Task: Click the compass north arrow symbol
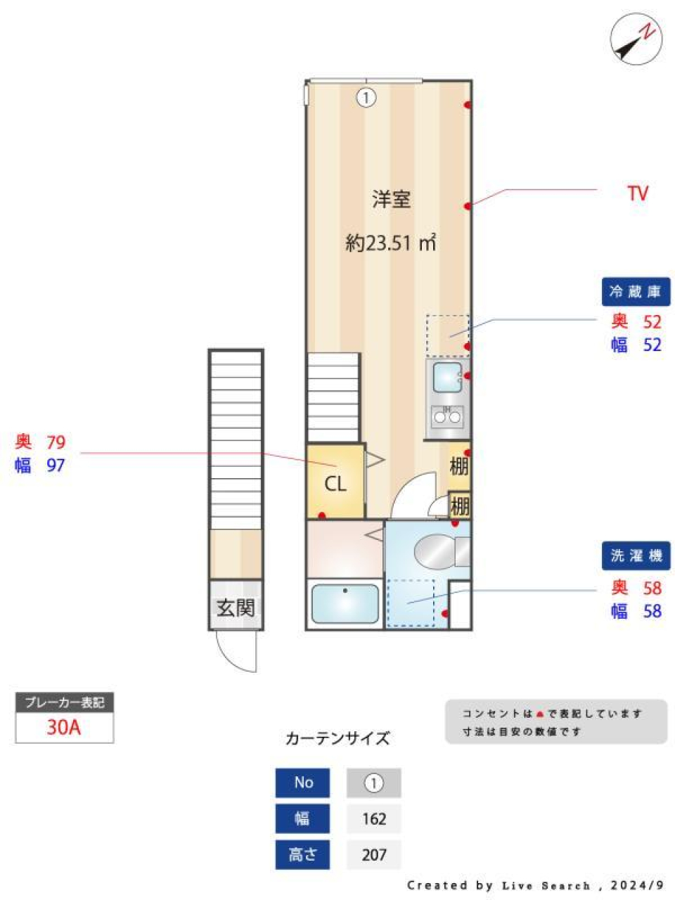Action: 636,41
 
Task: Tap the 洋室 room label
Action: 391,199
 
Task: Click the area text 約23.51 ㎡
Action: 391,243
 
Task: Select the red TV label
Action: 637,193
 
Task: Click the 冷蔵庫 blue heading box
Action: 636,292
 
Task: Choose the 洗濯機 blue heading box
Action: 636,555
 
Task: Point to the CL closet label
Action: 335,484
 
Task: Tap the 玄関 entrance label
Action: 236,607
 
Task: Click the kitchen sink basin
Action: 447,378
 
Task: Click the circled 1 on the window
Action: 366,97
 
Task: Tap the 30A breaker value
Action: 64,727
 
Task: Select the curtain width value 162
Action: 374,818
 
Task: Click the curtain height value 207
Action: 374,854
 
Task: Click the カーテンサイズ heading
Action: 337,738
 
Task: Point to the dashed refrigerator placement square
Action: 447,335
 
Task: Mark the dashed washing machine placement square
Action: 411,603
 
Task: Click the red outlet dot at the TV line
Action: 468,205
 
